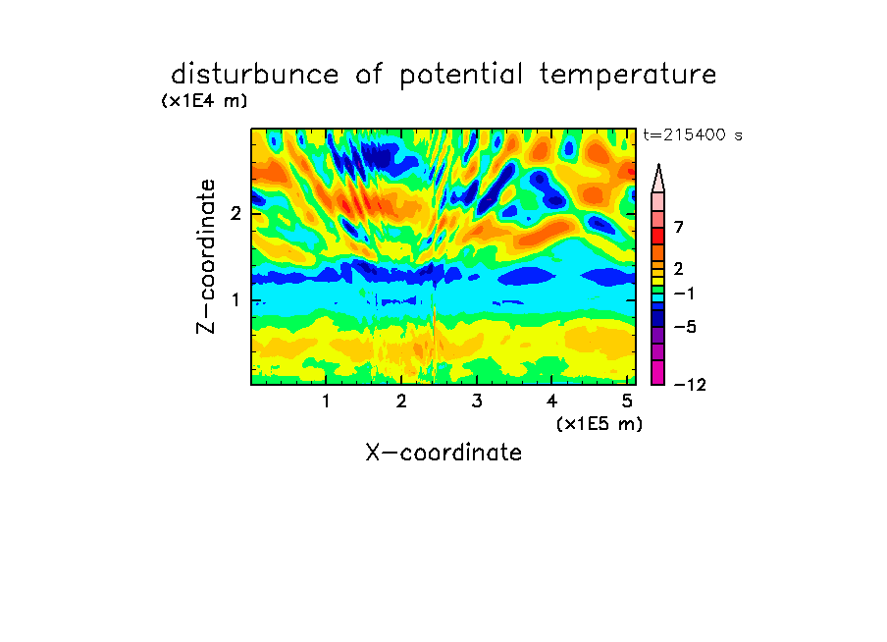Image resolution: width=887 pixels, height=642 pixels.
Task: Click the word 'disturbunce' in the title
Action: point(255,75)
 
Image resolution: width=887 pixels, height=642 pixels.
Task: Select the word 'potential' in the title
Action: point(461,76)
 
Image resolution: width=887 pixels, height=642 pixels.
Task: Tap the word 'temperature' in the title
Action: point(628,75)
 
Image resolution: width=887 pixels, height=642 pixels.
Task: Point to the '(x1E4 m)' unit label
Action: point(204,101)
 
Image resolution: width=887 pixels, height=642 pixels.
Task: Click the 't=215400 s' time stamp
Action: point(693,134)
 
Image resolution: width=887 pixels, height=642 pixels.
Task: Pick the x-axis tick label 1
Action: point(326,401)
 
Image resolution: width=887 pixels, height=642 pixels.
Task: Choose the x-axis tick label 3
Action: point(477,401)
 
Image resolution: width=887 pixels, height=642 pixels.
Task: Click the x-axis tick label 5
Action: point(627,401)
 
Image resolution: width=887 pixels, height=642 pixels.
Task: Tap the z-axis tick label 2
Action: point(235,214)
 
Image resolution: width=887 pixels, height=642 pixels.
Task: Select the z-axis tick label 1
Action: point(235,300)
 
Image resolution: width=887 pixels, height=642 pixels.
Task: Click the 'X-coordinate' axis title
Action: point(443,453)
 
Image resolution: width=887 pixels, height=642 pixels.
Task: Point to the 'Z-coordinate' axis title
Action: point(206,256)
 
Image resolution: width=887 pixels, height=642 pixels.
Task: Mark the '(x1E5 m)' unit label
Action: point(600,424)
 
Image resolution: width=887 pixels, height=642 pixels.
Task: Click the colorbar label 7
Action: point(679,228)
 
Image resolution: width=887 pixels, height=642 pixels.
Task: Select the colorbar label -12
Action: point(690,385)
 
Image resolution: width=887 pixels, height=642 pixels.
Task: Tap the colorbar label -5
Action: point(685,327)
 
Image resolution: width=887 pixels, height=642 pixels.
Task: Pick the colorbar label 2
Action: point(679,269)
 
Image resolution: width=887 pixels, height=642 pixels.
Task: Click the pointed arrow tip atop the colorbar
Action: point(658,164)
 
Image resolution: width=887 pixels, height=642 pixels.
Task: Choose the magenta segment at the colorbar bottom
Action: point(658,372)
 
